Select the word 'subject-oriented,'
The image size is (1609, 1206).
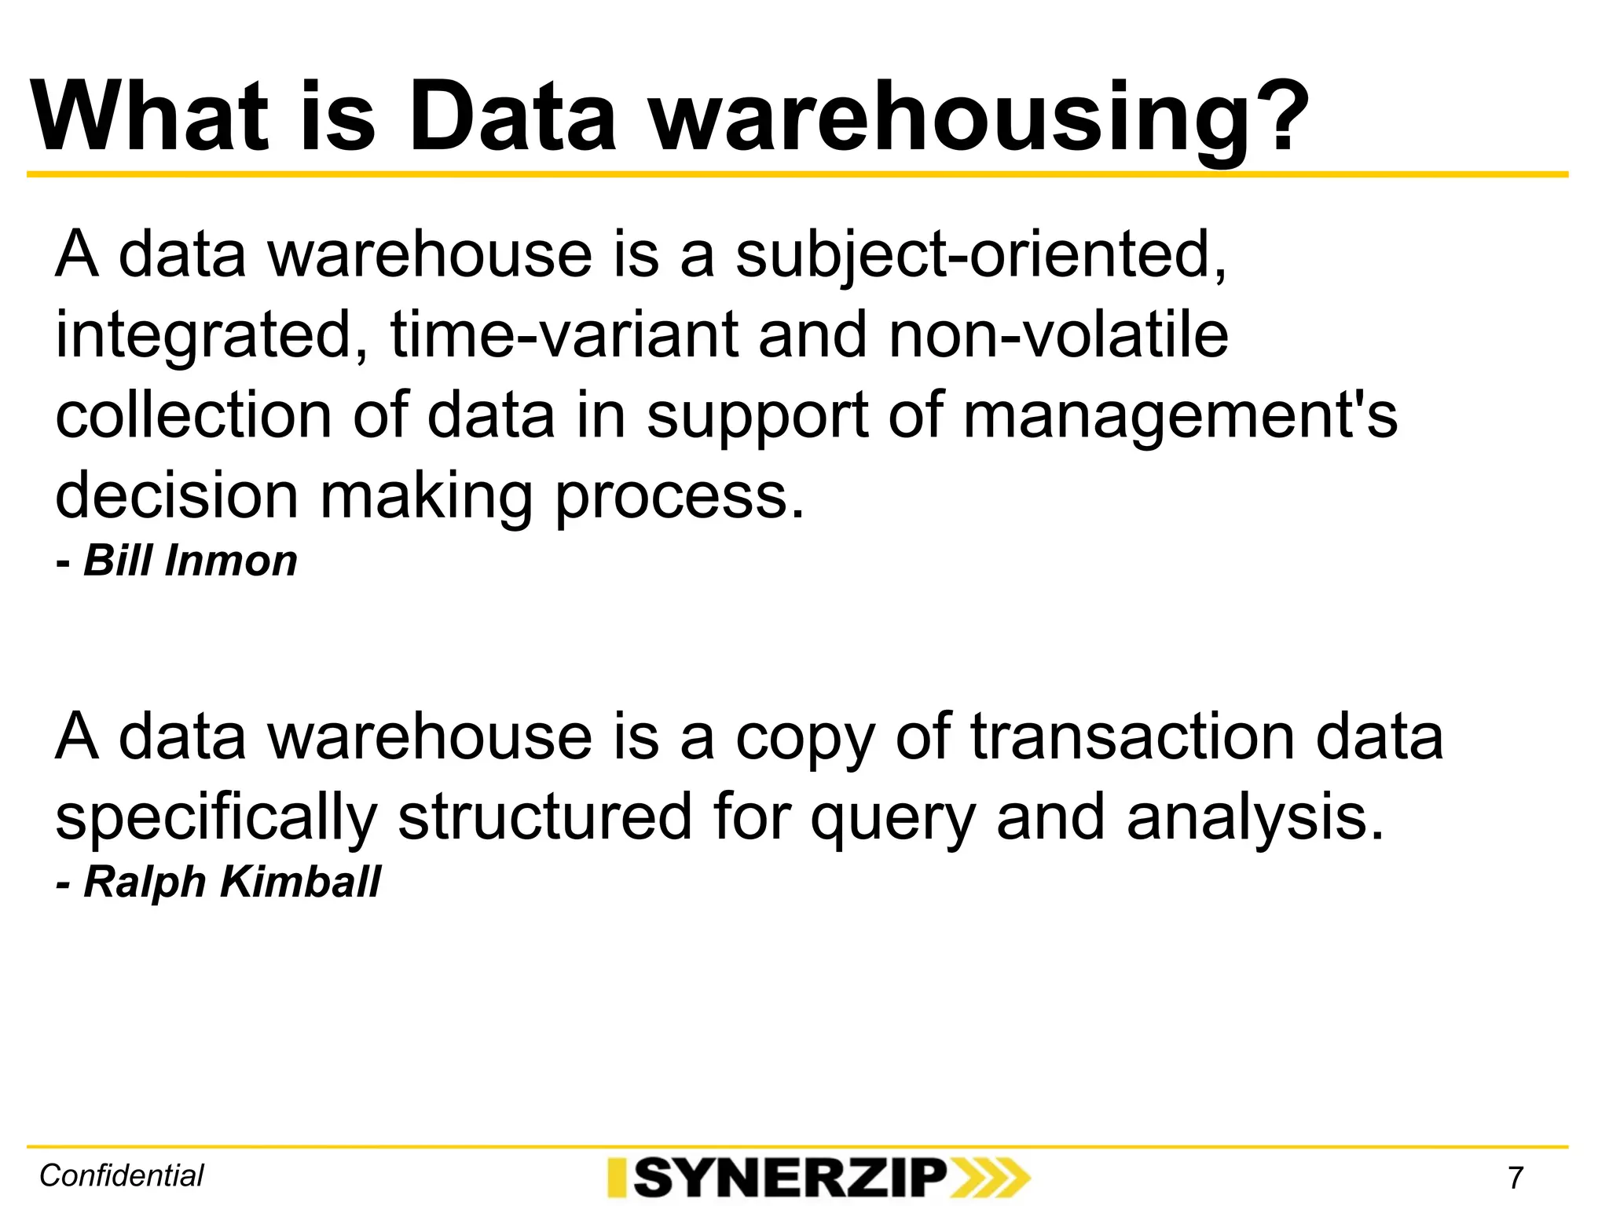pos(980,256)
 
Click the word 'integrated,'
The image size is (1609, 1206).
pos(211,336)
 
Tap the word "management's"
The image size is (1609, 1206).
pos(1180,416)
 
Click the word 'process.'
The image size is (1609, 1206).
pos(680,498)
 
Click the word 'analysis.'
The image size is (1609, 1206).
pos(1254,818)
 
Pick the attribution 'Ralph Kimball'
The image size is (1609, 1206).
pos(231,882)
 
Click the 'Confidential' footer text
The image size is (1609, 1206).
pos(122,1176)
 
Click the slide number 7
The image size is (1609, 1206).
pos(1516,1178)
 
